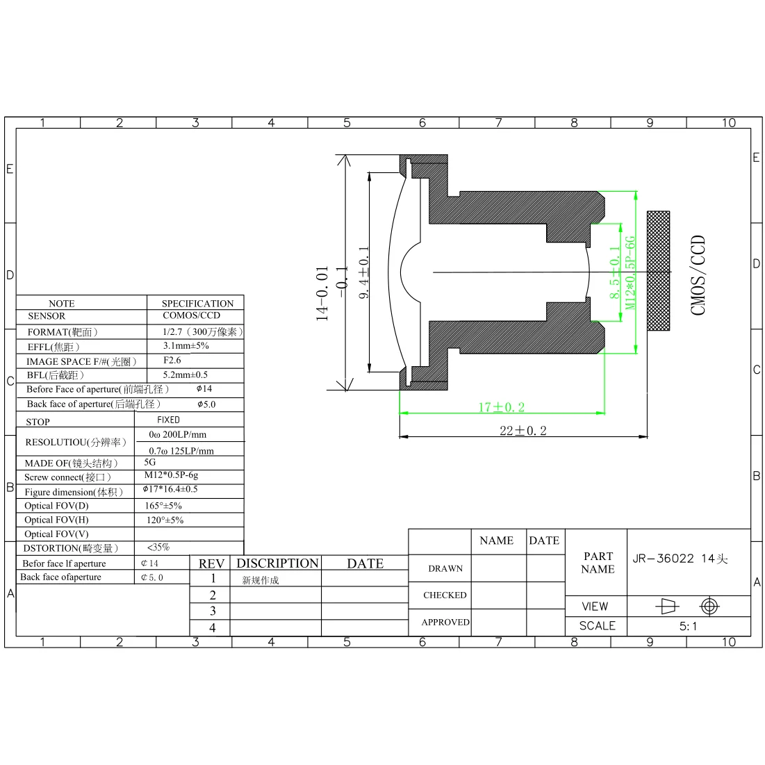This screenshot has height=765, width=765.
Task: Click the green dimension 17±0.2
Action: [502, 407]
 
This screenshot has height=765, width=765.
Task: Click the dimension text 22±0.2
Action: [523, 430]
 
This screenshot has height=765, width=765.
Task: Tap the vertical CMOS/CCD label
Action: [698, 275]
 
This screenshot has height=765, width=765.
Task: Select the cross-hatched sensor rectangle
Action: [658, 271]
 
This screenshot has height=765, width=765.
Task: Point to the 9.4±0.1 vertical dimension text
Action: [364, 272]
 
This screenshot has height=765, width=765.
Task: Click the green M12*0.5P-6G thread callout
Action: [630, 273]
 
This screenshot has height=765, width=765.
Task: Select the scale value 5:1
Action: [688, 626]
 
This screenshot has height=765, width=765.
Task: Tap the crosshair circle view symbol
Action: [709, 607]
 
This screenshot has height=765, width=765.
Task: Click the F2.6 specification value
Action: [172, 360]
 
